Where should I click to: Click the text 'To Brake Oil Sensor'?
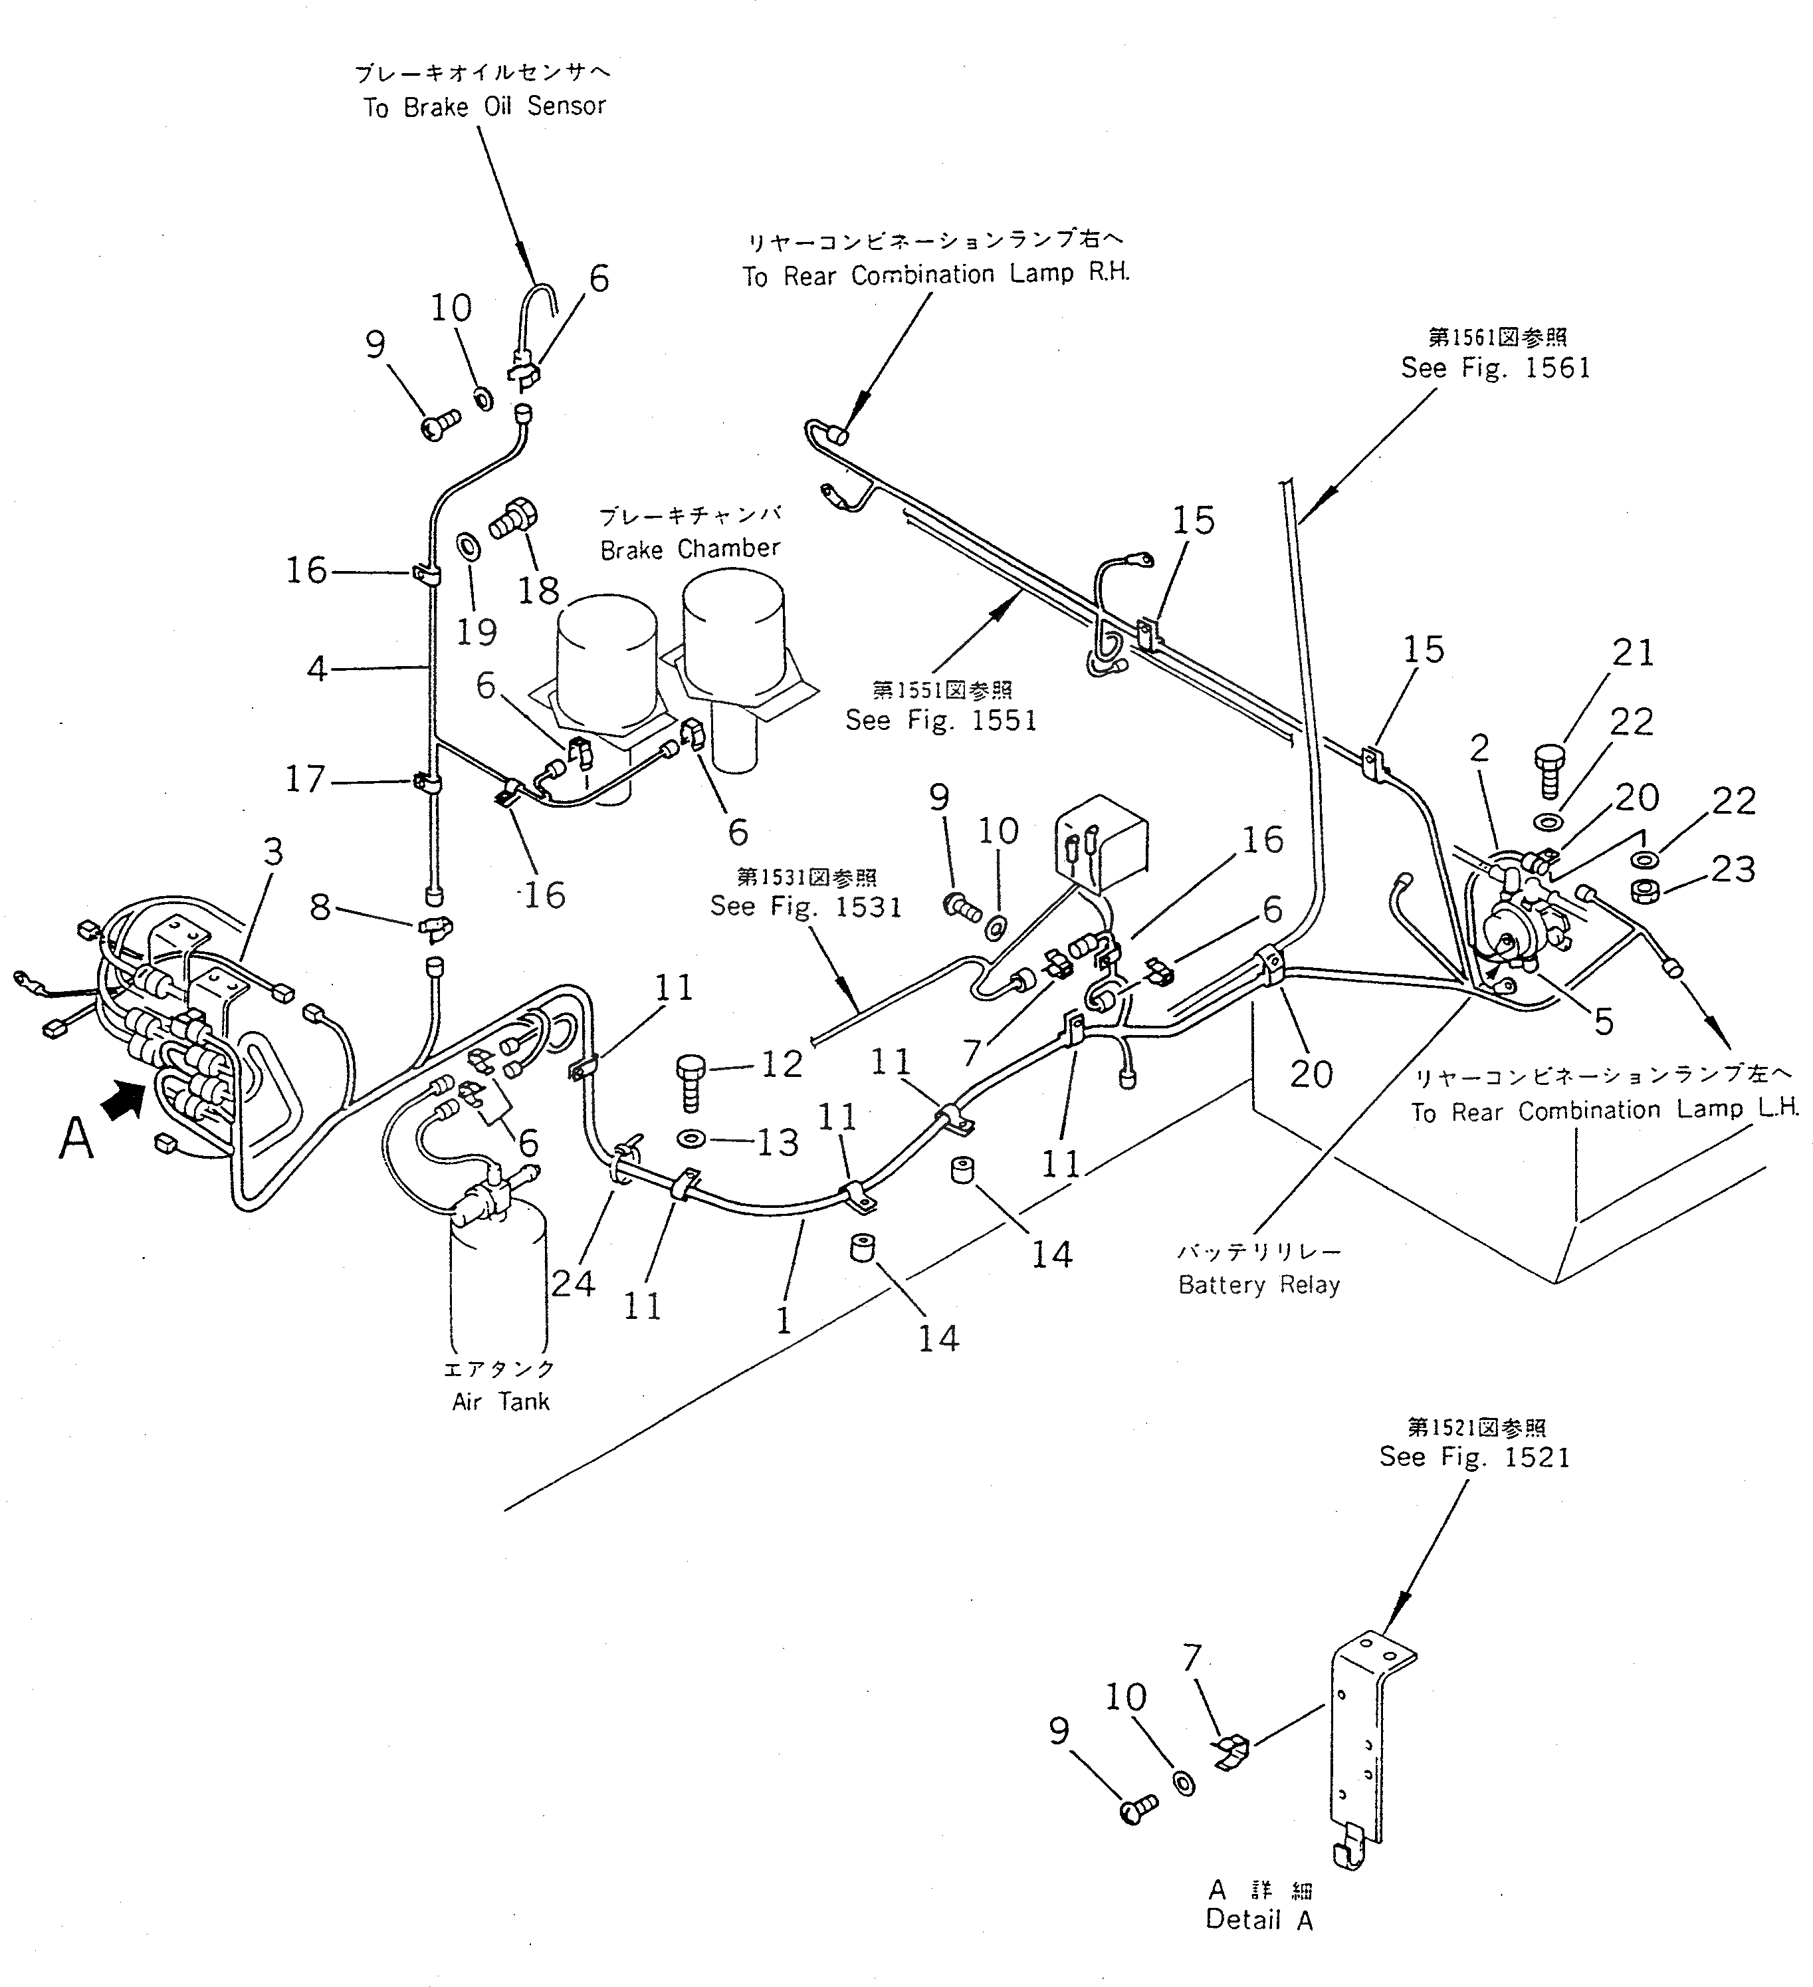pyautogui.click(x=484, y=106)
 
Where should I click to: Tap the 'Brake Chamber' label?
pyautogui.click(x=690, y=549)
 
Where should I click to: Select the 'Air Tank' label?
pyautogui.click(x=500, y=1401)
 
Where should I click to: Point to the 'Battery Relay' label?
pyautogui.click(x=1259, y=1285)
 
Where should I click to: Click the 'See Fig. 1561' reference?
pyautogui.click(x=1496, y=369)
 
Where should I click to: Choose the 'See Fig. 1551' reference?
pyautogui.click(x=941, y=721)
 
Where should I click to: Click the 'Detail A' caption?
pyautogui.click(x=1259, y=1920)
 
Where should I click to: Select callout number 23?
pyautogui.click(x=1733, y=870)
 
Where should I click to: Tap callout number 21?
pyautogui.click(x=1633, y=653)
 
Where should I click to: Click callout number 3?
pyautogui.click(x=273, y=851)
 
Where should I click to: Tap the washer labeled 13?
pyautogui.click(x=692, y=1139)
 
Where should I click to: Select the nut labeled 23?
pyautogui.click(x=1644, y=891)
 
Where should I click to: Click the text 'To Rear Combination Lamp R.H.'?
pyautogui.click(x=936, y=275)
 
